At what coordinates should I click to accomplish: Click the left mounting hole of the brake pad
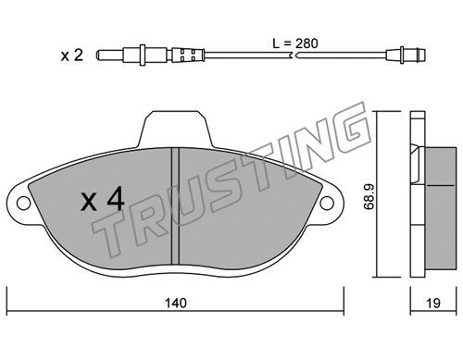[24, 204]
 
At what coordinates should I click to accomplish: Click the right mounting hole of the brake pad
[327, 204]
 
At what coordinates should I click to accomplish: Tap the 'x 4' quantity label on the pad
[103, 200]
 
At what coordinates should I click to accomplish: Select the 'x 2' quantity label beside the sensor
[72, 56]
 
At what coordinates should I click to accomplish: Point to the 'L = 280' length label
[295, 43]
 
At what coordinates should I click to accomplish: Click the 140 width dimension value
[176, 303]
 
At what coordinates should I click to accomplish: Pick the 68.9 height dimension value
[369, 196]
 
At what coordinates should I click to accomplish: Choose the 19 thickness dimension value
[433, 303]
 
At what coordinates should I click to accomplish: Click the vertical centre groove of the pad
[175, 206]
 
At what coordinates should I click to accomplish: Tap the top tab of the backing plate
[175, 129]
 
